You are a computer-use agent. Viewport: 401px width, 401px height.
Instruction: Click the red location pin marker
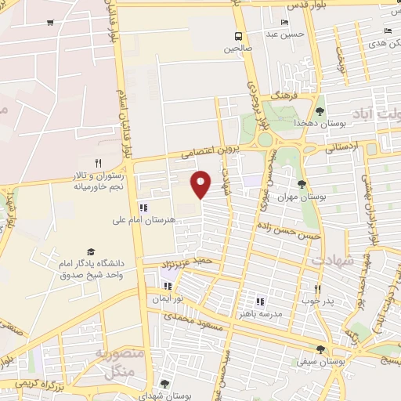(x=202, y=183)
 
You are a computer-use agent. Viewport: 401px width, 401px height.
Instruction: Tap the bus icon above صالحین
(x=237, y=36)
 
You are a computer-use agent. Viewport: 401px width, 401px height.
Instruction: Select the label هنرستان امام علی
(x=143, y=222)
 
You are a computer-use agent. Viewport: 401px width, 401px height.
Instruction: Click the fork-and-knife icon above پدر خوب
(x=317, y=288)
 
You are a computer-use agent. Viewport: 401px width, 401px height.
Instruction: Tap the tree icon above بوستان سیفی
(x=320, y=349)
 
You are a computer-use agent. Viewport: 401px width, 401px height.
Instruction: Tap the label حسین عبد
(x=283, y=34)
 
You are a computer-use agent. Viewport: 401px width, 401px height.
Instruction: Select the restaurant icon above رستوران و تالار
(x=99, y=163)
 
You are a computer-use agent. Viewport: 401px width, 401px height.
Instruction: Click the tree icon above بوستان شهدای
(x=164, y=383)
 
